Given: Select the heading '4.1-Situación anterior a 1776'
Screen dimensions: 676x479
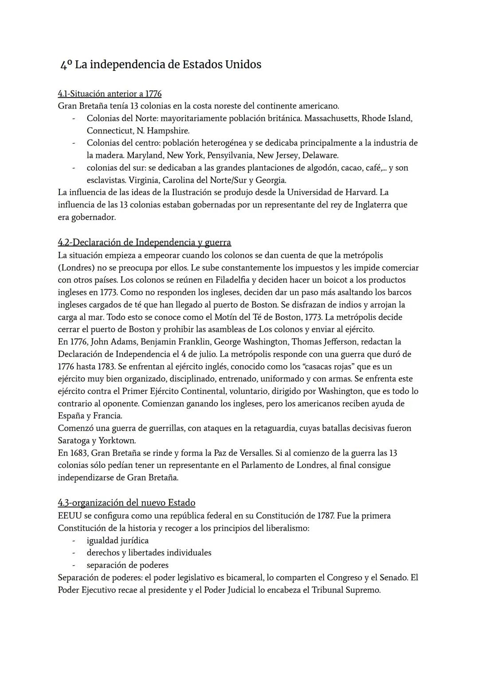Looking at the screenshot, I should [x=110, y=94].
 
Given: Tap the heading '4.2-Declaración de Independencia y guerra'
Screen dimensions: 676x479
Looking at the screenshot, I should [x=144, y=242].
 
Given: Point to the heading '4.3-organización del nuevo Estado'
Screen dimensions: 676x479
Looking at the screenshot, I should [x=126, y=503].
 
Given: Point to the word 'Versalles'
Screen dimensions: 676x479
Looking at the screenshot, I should [x=253, y=453].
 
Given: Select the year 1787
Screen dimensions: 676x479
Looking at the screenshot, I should [x=323, y=516].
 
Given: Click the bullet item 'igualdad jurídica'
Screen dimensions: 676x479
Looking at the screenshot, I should [x=118, y=540].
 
